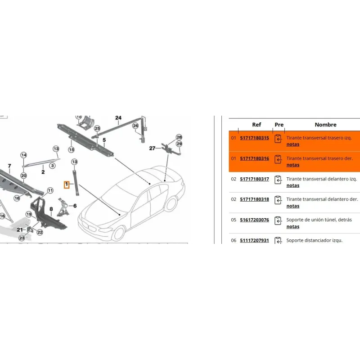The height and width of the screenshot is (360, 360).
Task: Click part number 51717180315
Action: [x=254, y=138]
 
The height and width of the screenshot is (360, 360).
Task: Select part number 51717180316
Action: [x=254, y=159]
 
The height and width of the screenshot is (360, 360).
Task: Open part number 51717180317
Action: [x=254, y=179]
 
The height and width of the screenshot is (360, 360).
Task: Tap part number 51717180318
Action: [x=254, y=199]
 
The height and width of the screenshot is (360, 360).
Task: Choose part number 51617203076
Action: [x=254, y=220]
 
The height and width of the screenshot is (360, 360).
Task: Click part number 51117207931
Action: [x=254, y=240]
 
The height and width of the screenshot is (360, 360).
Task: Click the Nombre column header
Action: [x=325, y=125]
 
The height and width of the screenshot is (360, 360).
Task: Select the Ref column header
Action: [x=256, y=125]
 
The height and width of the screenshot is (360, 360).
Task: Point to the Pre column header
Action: [x=279, y=125]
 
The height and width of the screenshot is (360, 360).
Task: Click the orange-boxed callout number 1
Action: [x=67, y=184]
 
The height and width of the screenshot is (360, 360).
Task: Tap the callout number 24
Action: [x=118, y=118]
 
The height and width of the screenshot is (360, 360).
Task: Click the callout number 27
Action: [x=152, y=148]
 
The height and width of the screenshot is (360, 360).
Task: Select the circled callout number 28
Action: [x=179, y=137]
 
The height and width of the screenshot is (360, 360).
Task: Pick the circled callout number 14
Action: [x=24, y=155]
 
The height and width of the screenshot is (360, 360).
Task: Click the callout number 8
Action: [x=51, y=209]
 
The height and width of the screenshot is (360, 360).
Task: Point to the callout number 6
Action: [x=75, y=206]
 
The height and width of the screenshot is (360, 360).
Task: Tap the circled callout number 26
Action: [x=135, y=126]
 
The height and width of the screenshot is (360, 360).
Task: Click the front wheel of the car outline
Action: [x=119, y=233]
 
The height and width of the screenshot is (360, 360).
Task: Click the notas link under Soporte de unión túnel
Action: [x=293, y=227]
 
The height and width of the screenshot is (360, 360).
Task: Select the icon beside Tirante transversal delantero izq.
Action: [x=278, y=180]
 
